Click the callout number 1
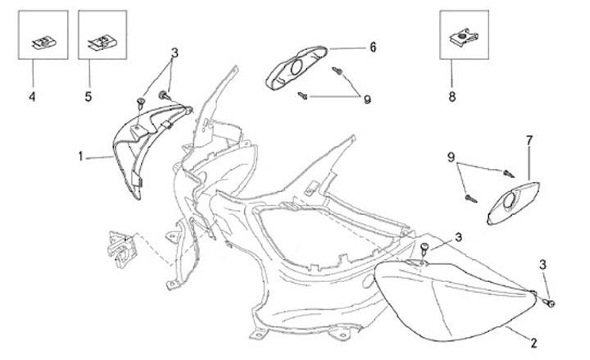click(x=81, y=155)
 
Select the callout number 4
click(x=32, y=97)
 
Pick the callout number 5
click(x=88, y=97)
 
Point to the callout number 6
click(x=372, y=48)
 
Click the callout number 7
click(x=529, y=141)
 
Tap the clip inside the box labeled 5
click(x=102, y=40)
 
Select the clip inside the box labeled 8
click(x=464, y=37)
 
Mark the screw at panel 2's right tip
click(x=550, y=303)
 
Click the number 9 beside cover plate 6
click(x=367, y=99)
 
